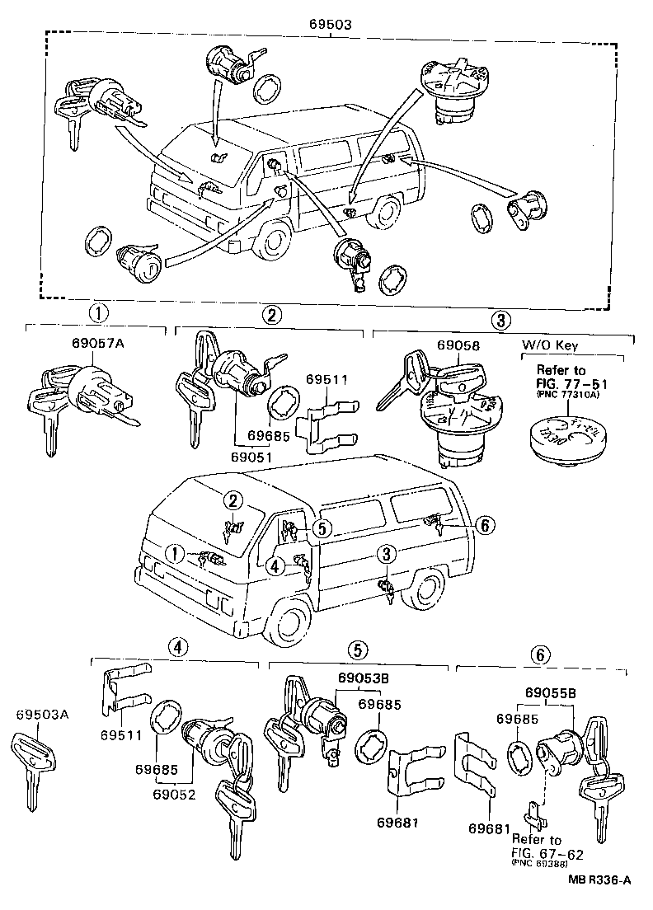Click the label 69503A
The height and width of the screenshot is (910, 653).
(x=40, y=715)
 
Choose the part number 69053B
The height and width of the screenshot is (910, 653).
(x=359, y=678)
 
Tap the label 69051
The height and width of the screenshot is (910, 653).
(x=251, y=457)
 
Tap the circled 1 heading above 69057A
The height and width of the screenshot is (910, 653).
(x=98, y=314)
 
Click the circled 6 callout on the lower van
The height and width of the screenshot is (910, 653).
(x=485, y=524)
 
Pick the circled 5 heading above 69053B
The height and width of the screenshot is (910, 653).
(x=357, y=650)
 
